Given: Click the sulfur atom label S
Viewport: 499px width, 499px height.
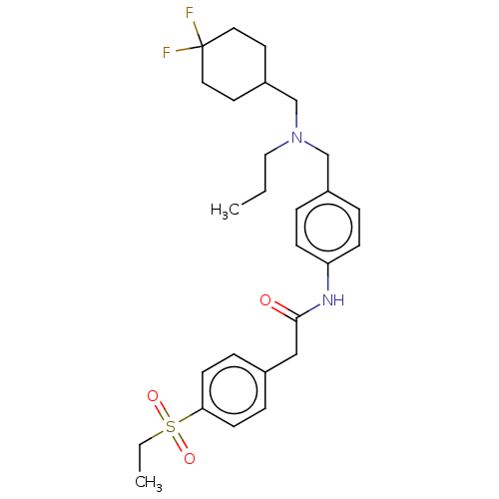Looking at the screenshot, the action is click(x=171, y=426).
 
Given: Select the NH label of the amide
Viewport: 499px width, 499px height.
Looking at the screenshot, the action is click(x=333, y=300).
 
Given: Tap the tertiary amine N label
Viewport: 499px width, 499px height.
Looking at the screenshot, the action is click(x=296, y=137).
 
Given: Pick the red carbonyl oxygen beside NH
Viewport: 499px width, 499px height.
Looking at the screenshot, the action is click(x=265, y=300).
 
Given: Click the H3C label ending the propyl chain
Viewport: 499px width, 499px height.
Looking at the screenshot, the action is click(x=225, y=210).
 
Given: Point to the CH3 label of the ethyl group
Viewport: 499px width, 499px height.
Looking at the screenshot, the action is click(x=149, y=482).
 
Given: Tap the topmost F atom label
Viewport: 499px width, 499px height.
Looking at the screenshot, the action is click(x=190, y=13).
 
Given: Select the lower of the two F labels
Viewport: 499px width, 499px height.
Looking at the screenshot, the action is click(x=167, y=53).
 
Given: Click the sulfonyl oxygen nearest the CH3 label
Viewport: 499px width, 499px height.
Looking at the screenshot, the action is click(x=190, y=458).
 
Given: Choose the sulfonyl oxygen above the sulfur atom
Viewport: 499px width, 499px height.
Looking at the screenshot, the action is click(x=153, y=396).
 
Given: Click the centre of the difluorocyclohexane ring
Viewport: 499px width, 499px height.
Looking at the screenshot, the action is click(x=234, y=64).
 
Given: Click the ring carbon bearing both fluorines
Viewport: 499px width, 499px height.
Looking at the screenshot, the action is click(x=203, y=46).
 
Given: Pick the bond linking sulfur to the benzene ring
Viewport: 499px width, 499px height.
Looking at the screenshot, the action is click(x=190, y=416).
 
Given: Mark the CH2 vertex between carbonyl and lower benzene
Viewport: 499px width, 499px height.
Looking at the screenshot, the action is click(x=296, y=354).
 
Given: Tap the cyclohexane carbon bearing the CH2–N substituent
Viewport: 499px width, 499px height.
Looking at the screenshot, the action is click(x=265, y=82).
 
